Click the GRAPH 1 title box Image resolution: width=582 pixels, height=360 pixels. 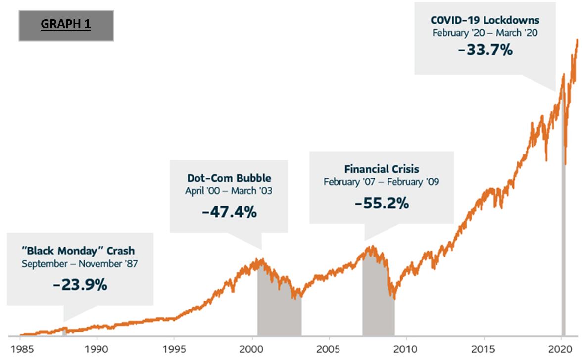(66, 24)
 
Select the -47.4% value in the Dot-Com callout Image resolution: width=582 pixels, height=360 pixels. (229, 212)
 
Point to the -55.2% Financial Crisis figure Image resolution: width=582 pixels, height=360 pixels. (382, 203)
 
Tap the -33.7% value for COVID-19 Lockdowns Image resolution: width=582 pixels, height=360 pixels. (485, 50)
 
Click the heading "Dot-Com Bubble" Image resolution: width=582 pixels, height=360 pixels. (229, 178)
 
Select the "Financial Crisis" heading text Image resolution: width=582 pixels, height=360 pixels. (382, 169)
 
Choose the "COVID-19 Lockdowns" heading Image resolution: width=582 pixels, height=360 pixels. (485, 20)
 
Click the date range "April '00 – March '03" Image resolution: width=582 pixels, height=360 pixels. (229, 191)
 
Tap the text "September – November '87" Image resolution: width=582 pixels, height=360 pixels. (80, 263)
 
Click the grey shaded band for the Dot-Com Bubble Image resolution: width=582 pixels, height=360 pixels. (279, 312)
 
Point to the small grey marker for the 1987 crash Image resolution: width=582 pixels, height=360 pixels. (64, 331)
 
